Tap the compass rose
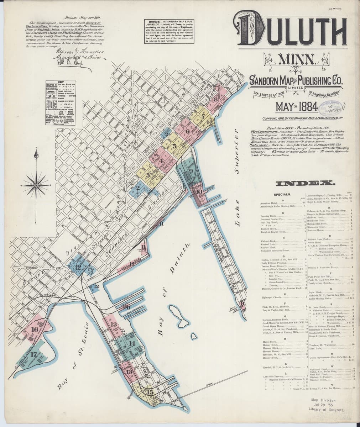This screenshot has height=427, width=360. tap(36, 185)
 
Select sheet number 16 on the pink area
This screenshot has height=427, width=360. tap(35, 330)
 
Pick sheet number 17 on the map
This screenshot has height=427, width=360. tap(33, 354)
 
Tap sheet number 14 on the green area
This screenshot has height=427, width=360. tap(132, 343)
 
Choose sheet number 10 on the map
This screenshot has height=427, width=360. tap(199, 192)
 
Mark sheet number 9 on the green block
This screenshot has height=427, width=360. tap(191, 170)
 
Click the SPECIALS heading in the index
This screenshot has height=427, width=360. tap(283, 195)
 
